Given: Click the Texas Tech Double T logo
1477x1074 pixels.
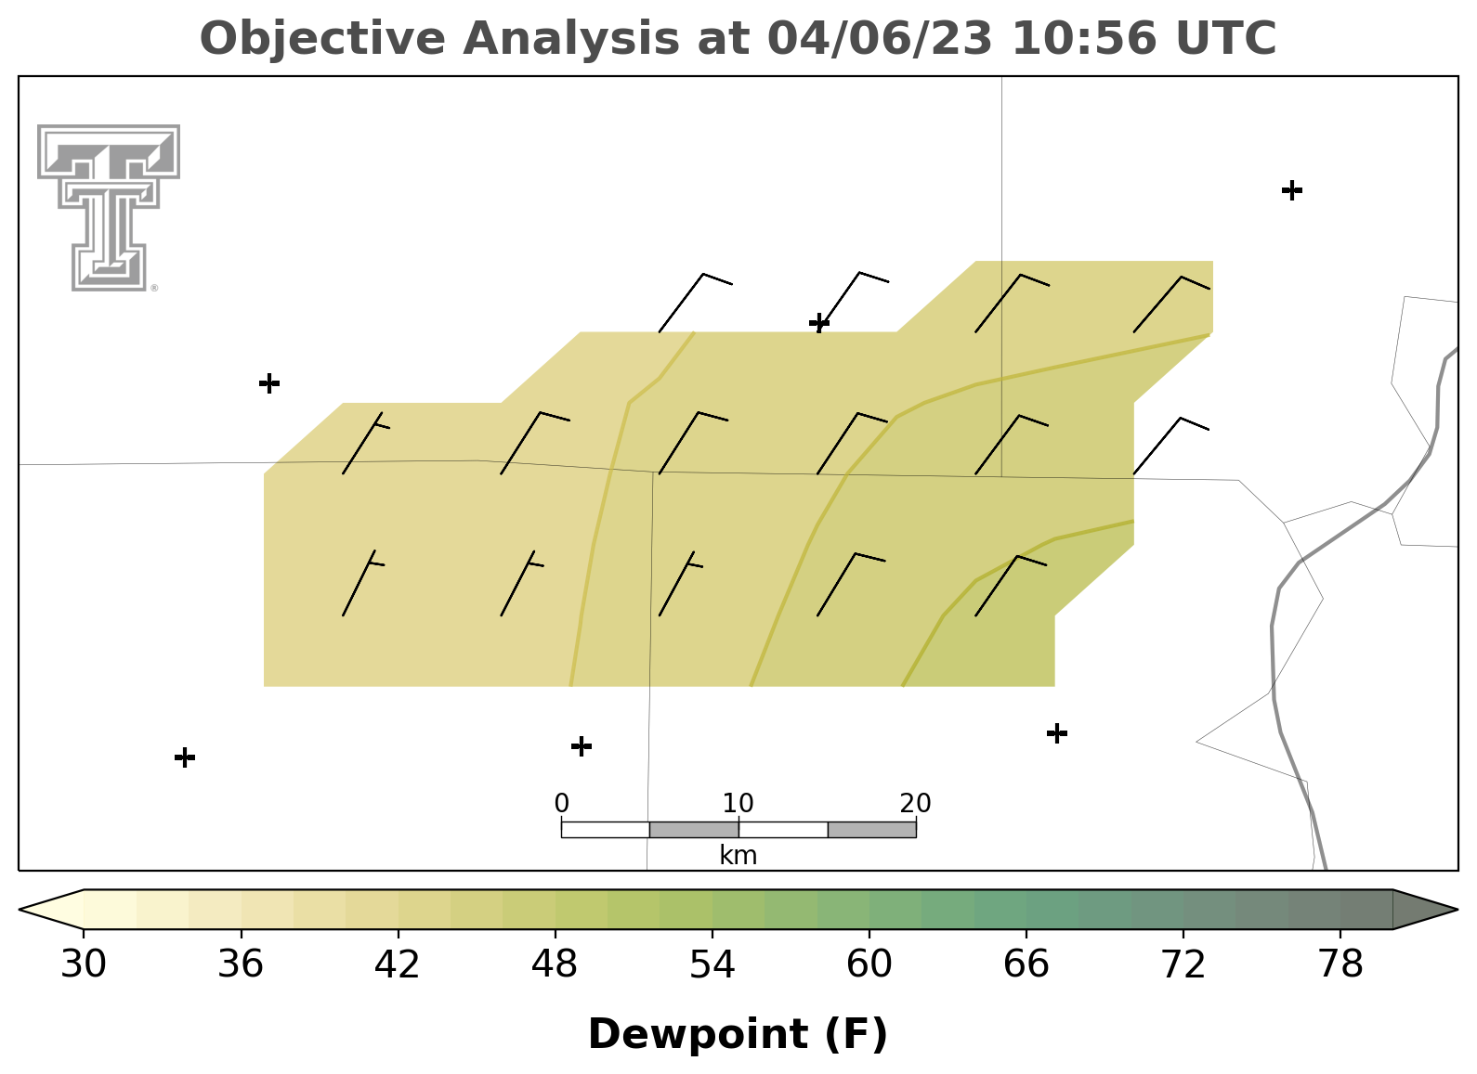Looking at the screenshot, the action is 109,208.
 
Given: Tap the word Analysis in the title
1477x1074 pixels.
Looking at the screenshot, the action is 570,38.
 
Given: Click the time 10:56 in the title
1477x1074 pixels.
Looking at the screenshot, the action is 1084,38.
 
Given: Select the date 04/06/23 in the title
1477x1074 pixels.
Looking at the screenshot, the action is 880,38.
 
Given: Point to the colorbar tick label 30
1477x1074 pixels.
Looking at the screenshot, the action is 83,964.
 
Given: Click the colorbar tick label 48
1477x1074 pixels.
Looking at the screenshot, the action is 555,964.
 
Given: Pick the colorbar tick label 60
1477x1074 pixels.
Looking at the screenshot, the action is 869,964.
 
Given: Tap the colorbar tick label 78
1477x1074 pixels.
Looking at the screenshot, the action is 1340,964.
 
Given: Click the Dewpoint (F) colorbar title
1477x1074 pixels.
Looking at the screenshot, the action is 738,1034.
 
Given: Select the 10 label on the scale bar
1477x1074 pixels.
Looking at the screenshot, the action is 738,804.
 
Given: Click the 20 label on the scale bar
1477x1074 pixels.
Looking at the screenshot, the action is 915,804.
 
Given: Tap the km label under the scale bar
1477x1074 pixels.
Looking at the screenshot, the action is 738,856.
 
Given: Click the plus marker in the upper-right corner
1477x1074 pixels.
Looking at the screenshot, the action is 1292,190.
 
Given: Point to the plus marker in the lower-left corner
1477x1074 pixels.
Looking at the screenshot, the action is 185,757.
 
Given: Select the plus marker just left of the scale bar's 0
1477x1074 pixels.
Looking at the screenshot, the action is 581,746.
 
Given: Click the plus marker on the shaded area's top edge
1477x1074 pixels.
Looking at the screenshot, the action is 819,323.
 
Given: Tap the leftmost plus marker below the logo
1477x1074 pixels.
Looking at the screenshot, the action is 269,382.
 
